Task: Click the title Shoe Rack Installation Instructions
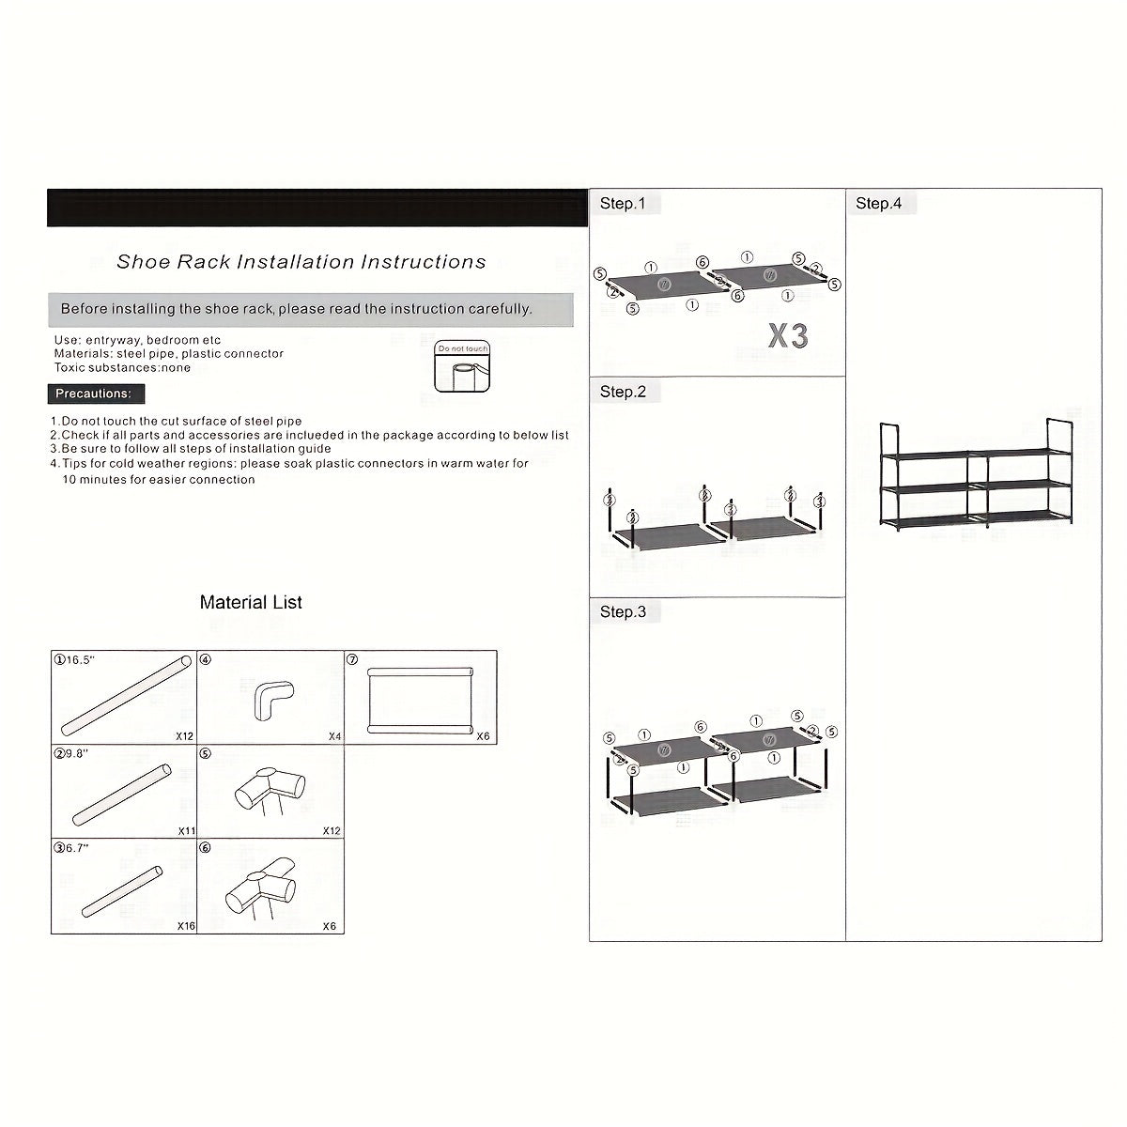(301, 262)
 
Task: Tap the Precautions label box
(97, 394)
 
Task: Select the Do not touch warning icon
(462, 366)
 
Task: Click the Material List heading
(251, 603)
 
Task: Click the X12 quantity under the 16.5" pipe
(184, 736)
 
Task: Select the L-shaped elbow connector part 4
(273, 699)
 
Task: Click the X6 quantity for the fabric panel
(483, 736)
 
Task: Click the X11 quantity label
(186, 831)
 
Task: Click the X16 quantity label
(186, 926)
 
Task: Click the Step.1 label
(624, 204)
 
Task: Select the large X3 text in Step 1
(788, 335)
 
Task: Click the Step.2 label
(624, 392)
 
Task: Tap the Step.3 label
(624, 612)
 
